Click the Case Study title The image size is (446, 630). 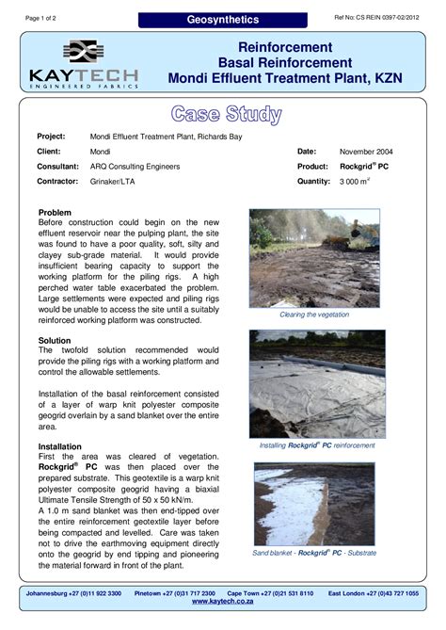[226, 115]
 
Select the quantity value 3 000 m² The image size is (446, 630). [357, 182]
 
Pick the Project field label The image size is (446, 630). [51, 136]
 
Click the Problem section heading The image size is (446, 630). [55, 213]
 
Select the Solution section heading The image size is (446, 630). [55, 338]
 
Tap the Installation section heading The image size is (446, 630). [59, 445]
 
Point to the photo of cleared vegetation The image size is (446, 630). [317, 257]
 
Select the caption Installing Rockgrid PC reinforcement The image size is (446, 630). [317, 444]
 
